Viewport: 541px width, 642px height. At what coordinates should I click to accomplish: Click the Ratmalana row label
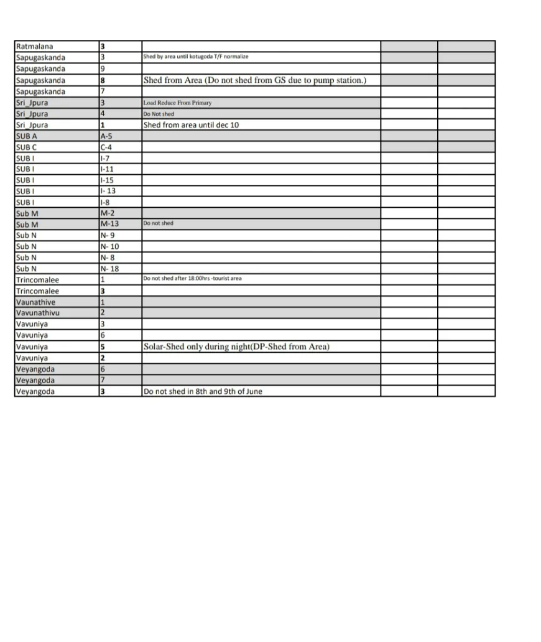point(35,47)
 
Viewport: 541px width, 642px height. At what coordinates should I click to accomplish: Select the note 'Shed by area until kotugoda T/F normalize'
point(196,57)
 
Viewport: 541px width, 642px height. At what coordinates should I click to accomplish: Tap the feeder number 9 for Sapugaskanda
point(103,69)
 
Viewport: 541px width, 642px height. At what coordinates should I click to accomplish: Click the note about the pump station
point(255,80)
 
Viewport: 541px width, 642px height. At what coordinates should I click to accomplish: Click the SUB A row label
point(27,136)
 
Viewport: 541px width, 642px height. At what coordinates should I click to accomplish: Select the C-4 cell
point(106,147)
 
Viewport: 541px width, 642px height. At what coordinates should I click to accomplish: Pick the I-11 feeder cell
point(107,169)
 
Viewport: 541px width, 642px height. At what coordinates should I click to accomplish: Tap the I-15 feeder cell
point(107,180)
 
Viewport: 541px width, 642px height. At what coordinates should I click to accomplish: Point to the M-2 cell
point(107,213)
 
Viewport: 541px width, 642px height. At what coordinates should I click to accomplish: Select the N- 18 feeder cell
point(109,269)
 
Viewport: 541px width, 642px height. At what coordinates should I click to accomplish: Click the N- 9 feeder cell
point(107,236)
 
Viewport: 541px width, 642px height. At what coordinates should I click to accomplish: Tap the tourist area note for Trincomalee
point(193,279)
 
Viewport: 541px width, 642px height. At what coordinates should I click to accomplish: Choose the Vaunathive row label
point(35,302)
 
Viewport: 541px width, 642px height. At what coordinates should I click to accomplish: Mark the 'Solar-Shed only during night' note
point(236,347)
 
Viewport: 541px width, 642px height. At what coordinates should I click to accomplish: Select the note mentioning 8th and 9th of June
point(203,392)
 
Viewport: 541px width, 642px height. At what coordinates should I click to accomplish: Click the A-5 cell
point(106,136)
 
